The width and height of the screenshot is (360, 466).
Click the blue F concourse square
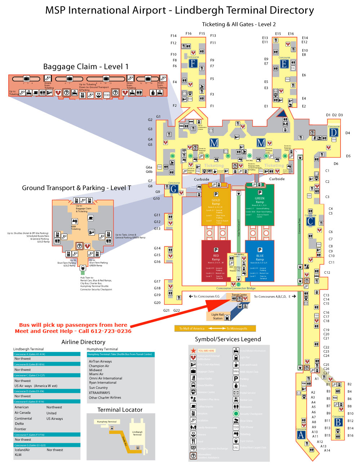coord(193,64)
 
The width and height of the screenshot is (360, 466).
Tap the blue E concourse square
coord(284,64)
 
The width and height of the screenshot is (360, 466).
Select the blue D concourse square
coord(333,132)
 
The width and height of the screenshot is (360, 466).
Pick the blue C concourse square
coord(311,221)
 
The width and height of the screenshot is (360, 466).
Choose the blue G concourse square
coord(174,189)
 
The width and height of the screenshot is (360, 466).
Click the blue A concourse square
coord(301,435)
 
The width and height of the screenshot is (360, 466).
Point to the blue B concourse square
coord(338,422)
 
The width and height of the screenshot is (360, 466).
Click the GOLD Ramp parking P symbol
coord(216,194)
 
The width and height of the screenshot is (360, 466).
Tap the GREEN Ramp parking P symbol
coord(260,193)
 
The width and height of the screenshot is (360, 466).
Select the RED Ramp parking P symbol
coord(216,250)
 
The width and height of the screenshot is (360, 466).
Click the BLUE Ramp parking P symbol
coord(260,250)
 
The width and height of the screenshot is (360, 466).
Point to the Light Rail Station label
coord(217,316)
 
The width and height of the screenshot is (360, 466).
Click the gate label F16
coord(188,34)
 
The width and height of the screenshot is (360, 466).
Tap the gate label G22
coord(177,310)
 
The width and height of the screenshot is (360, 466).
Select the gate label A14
coord(327,450)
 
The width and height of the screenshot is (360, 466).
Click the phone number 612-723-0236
coord(110,331)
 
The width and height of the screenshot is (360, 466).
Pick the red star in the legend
coord(193,350)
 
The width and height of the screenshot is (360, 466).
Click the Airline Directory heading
coord(83,342)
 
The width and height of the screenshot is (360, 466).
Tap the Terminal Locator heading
coord(120,410)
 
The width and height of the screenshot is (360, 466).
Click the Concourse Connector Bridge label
coord(236,288)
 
